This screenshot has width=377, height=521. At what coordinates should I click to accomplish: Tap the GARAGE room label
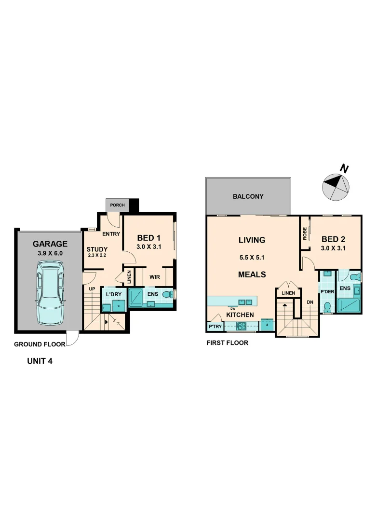50,244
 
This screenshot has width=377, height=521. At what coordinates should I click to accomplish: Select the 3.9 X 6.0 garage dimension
50,253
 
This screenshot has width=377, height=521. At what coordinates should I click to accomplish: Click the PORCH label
117,205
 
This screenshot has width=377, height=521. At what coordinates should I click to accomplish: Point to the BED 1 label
149,238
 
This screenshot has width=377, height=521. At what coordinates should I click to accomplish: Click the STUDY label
97,249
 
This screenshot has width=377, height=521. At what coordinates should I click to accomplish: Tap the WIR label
154,277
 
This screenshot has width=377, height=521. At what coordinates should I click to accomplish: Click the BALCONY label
248,196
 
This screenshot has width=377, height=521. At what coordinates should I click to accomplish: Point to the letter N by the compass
344,168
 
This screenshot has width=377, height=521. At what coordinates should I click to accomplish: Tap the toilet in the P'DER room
328,307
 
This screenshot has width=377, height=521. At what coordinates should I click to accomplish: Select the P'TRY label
215,327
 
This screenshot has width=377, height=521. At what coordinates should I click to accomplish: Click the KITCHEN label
240,315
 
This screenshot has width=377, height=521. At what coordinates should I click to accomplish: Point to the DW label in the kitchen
232,308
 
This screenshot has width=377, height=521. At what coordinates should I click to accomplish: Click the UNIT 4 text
40,360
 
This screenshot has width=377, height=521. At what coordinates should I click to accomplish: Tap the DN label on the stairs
310,302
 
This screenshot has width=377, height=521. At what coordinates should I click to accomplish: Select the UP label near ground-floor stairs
91,288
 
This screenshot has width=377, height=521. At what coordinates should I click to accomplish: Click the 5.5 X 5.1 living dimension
252,257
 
